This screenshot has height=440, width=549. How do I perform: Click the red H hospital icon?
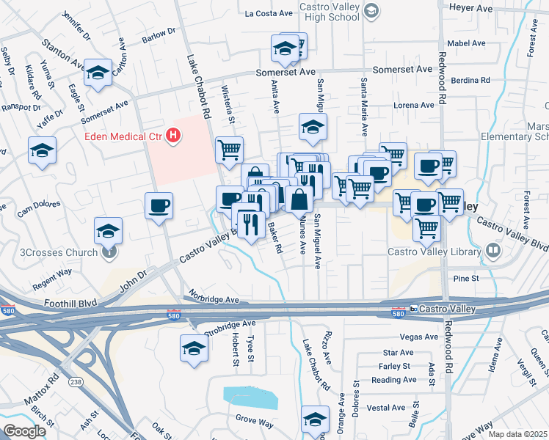[x=173, y=135]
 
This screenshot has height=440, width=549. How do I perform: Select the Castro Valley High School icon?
[x=372, y=10]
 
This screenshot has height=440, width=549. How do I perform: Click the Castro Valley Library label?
[x=433, y=252]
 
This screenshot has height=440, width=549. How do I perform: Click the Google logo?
[x=23, y=430]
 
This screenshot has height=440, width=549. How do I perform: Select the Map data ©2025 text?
[x=517, y=434]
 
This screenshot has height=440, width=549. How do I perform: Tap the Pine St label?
[x=465, y=279]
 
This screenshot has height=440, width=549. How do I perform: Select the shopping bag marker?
[x=300, y=199]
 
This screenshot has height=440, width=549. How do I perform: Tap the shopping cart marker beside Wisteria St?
[x=229, y=150]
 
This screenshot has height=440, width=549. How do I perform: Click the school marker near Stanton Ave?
[x=98, y=73]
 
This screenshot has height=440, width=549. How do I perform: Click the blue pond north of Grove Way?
[x=251, y=397]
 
